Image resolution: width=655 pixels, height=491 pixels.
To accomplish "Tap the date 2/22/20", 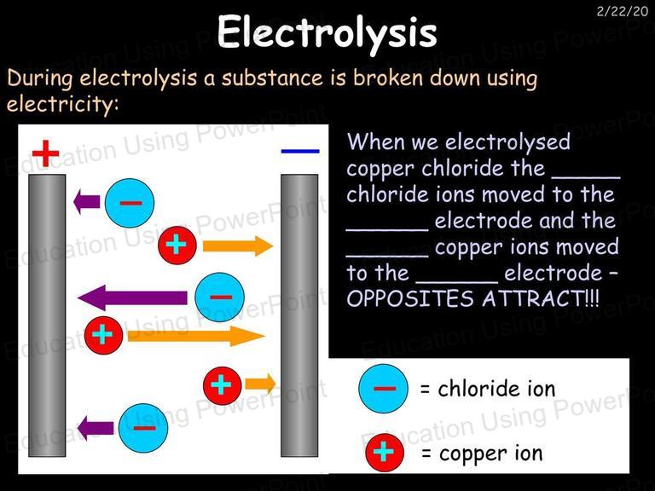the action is tap(622, 11).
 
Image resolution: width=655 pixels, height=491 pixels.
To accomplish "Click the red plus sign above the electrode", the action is tap(45, 153).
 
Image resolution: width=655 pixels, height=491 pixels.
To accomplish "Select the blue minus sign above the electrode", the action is tap(300, 151).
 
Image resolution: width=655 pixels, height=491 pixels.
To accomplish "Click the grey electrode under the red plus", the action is tap(47, 315).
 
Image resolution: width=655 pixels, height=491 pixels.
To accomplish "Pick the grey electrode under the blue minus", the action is tap(299, 315).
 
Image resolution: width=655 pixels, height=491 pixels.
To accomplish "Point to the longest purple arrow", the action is tap(132, 297).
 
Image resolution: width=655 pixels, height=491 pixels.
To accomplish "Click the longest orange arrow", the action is tap(196, 336).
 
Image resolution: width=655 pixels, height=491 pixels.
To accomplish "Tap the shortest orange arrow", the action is tap(260, 384).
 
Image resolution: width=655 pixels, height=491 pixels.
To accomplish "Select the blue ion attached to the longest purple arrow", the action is tap(220, 297).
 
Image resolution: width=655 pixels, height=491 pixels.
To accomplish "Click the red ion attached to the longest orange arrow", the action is tap(103, 335).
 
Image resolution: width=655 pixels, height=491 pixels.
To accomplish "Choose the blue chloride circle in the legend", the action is tap(384, 389).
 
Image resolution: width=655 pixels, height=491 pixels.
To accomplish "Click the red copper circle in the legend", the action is tap(385, 453).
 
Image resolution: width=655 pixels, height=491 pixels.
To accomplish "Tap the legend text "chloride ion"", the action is tap(496, 389).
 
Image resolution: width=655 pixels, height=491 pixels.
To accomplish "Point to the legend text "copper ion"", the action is tap(491, 453).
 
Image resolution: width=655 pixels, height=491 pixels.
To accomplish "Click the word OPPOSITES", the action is tap(410, 299).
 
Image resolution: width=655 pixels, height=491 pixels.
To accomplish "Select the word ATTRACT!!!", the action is tap(541, 298).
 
